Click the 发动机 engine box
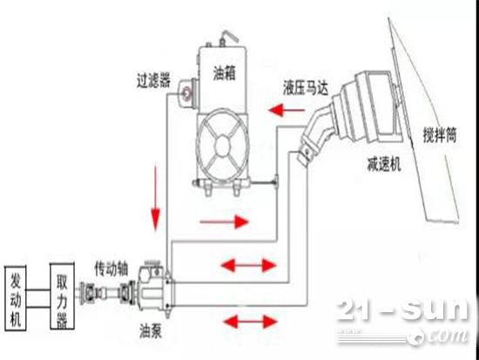16,298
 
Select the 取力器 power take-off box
62,296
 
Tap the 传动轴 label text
111,268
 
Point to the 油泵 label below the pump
151,330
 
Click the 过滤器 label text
153,80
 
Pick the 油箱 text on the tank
225,73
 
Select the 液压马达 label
306,88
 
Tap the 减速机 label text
384,165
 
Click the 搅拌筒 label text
440,134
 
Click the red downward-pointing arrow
156,198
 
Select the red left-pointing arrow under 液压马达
287,110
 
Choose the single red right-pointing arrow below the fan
225,221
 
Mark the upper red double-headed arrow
248,265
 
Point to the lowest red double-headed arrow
251,322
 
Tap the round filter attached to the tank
186,92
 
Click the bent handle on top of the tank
228,37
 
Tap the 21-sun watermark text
402,310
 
